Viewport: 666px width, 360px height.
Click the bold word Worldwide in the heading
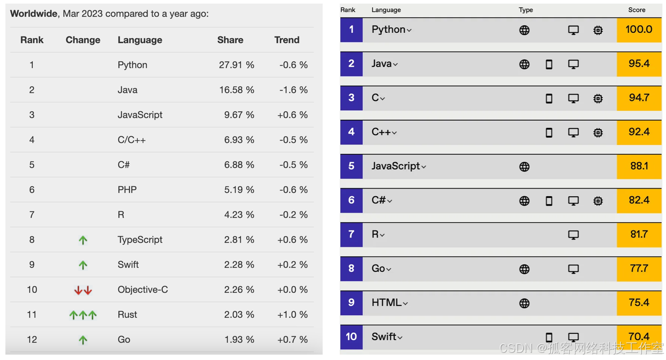tap(34, 13)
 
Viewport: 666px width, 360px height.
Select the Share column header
tap(230, 40)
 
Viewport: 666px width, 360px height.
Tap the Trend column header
tap(287, 40)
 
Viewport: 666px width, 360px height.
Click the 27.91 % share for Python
tap(236, 65)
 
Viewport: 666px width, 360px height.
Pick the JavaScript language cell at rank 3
tap(140, 115)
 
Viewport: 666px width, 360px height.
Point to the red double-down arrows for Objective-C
tap(83, 290)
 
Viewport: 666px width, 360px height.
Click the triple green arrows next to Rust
tap(83, 315)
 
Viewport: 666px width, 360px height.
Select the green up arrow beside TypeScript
tap(83, 240)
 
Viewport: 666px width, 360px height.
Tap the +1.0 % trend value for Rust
tap(292, 315)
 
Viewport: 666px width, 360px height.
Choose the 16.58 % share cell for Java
tap(236, 90)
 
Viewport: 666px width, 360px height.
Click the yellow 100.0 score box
tap(639, 30)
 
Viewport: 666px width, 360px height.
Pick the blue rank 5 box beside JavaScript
tap(351, 166)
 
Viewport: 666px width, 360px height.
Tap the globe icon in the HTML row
tap(524, 303)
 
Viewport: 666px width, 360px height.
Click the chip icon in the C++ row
tap(598, 133)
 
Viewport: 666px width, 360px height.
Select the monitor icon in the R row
tap(573, 235)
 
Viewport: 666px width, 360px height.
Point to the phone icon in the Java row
tap(549, 64)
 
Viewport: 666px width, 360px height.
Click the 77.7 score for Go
tap(639, 269)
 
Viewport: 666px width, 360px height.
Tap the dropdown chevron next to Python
tap(409, 30)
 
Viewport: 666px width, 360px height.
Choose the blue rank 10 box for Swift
tap(351, 337)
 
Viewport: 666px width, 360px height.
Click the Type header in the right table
tap(526, 10)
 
